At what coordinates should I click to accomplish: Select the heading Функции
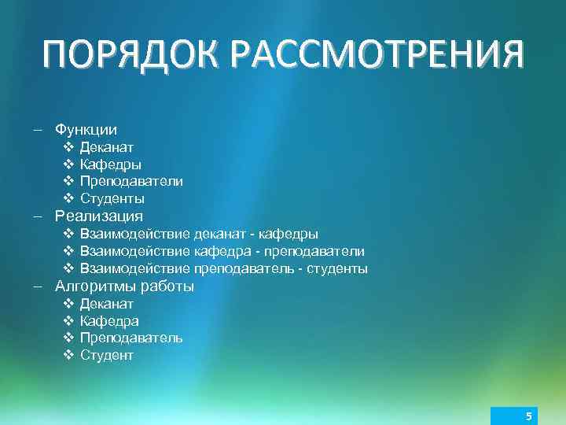pyautogui.click(x=86, y=129)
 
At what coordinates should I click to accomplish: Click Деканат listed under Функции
pyautogui.click(x=107, y=147)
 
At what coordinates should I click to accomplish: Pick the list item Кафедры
pyautogui.click(x=111, y=164)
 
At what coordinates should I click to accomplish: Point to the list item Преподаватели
pyautogui.click(x=131, y=181)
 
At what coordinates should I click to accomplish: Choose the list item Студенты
pyautogui.click(x=112, y=198)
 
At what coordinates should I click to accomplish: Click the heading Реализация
pyautogui.click(x=99, y=216)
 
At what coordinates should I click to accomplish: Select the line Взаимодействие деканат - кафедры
pyautogui.click(x=199, y=234)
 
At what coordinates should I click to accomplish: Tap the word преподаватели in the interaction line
pyautogui.click(x=314, y=251)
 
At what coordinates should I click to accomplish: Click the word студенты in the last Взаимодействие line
pyautogui.click(x=337, y=268)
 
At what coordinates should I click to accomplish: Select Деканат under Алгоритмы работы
pyautogui.click(x=107, y=304)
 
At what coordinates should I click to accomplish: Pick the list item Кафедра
pyautogui.click(x=110, y=321)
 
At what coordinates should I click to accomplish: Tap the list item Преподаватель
pyautogui.click(x=131, y=338)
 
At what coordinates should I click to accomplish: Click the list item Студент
pyautogui.click(x=107, y=355)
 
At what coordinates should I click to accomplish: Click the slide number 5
pyautogui.click(x=529, y=416)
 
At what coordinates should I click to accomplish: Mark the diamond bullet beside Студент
pyautogui.click(x=68, y=355)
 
